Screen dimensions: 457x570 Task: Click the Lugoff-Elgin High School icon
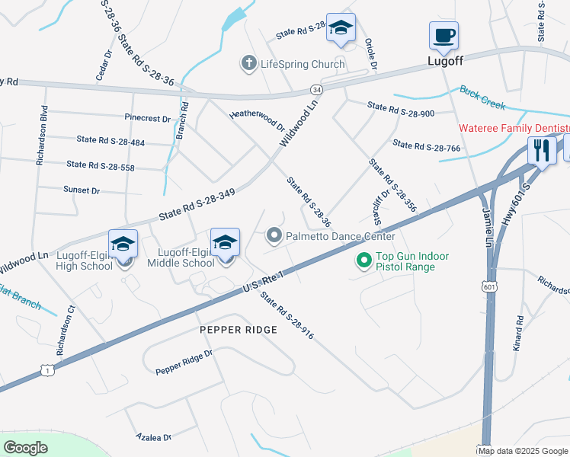(123, 244)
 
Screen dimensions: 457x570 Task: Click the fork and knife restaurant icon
(542, 151)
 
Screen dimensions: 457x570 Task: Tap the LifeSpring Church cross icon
(248, 64)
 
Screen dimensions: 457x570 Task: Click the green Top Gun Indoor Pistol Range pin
(364, 261)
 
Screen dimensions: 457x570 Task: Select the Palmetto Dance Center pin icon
(274, 237)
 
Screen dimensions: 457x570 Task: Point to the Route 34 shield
(317, 90)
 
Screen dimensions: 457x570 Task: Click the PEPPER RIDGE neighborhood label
(235, 330)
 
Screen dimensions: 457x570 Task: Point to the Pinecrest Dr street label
(148, 118)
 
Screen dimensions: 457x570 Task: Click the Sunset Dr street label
(80, 190)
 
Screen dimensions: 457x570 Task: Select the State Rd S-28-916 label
(287, 315)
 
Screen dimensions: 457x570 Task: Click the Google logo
(26, 447)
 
